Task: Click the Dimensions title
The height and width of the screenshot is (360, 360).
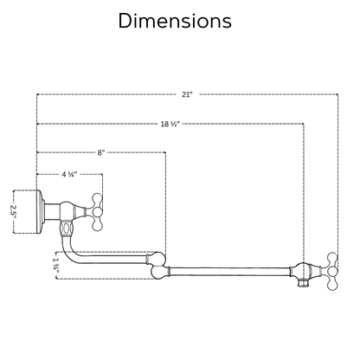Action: click(x=175, y=21)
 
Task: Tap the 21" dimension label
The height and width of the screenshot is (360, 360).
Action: click(x=187, y=94)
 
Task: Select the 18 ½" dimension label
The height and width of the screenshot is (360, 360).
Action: click(x=170, y=124)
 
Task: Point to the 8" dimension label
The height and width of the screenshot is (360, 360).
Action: click(x=101, y=152)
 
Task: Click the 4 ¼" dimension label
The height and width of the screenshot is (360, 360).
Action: click(x=69, y=174)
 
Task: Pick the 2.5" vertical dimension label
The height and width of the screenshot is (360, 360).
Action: click(x=14, y=212)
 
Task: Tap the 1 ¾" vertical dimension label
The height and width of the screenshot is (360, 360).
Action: click(x=56, y=266)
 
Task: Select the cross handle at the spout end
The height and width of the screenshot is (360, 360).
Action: click(x=332, y=271)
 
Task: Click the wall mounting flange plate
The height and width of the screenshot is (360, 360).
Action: click(x=40, y=212)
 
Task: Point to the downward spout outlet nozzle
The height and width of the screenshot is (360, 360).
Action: click(x=303, y=284)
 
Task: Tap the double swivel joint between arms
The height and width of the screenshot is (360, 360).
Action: click(x=158, y=266)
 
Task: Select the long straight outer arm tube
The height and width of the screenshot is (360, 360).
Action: click(x=229, y=272)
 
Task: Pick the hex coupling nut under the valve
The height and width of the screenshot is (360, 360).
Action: click(x=67, y=228)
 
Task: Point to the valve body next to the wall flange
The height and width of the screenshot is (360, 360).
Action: click(x=67, y=212)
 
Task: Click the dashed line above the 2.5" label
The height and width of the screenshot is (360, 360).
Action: click(x=25, y=190)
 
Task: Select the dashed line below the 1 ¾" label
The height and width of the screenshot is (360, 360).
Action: click(x=104, y=279)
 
